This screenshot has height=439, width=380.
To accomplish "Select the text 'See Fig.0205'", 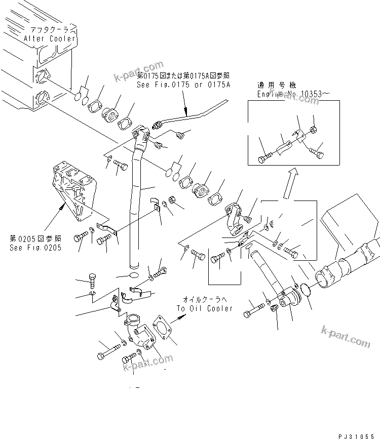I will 35,248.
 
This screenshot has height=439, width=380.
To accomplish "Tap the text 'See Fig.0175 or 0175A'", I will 176,85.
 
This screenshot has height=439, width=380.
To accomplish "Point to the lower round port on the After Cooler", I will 42,96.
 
